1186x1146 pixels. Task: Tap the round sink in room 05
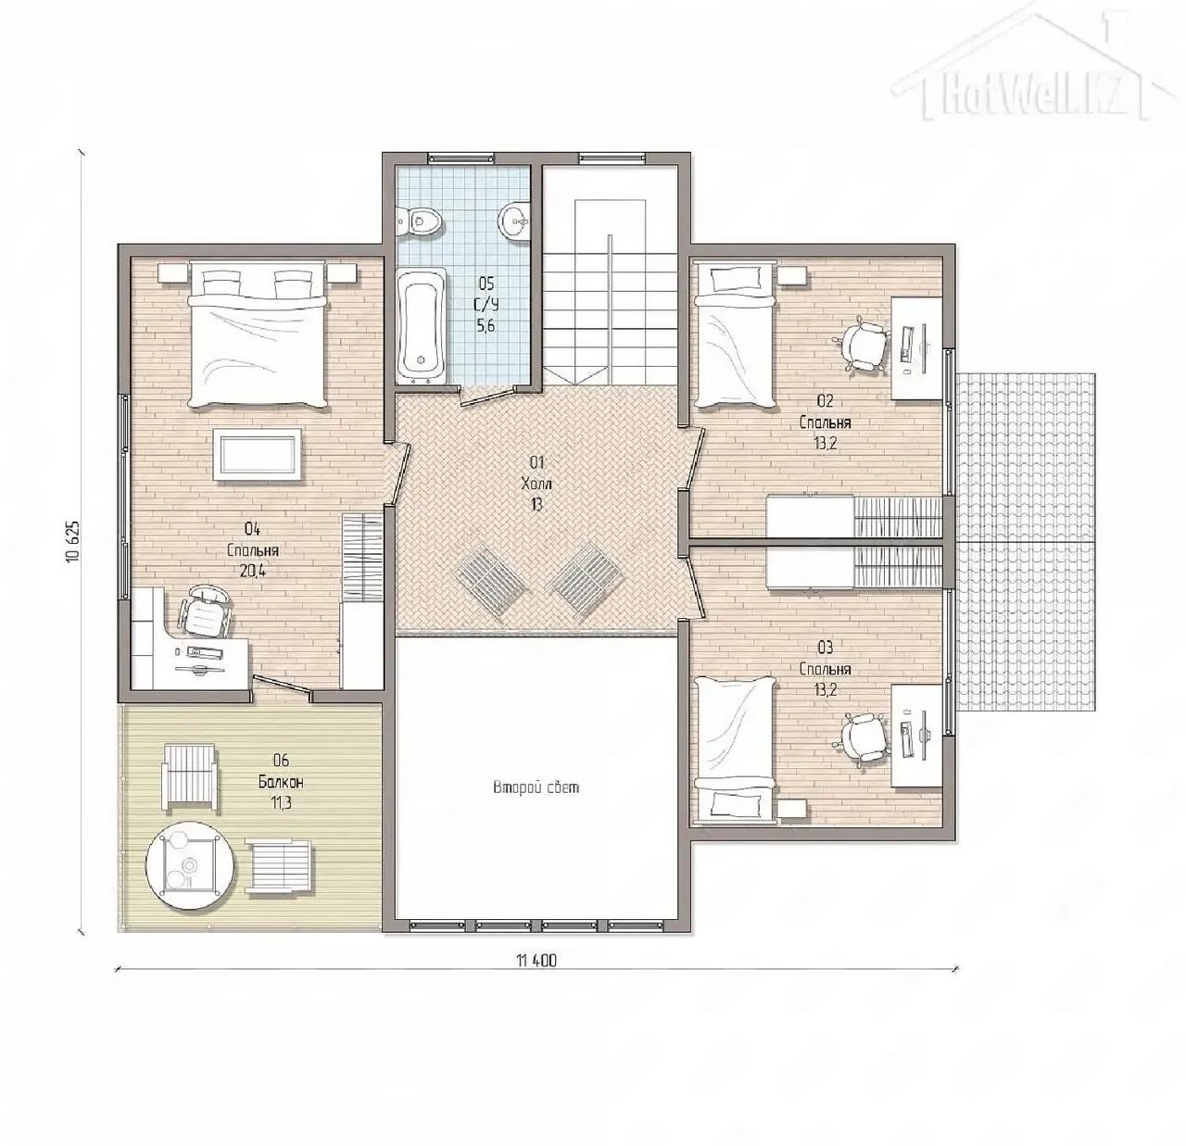pyautogui.click(x=515, y=220)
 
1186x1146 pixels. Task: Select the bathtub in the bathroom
pyautogui.click(x=422, y=325)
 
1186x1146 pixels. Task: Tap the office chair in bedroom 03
pyautogui.click(x=864, y=738)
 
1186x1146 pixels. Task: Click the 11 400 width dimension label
pyautogui.click(x=536, y=961)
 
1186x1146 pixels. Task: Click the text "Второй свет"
pyautogui.click(x=536, y=787)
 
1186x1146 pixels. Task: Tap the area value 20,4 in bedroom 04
pyautogui.click(x=253, y=571)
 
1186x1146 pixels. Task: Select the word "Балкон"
pyautogui.click(x=281, y=782)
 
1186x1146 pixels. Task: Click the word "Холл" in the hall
pyautogui.click(x=536, y=484)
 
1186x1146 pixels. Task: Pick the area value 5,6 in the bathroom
pyautogui.click(x=486, y=326)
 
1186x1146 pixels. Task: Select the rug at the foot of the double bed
pyautogui.click(x=258, y=455)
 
